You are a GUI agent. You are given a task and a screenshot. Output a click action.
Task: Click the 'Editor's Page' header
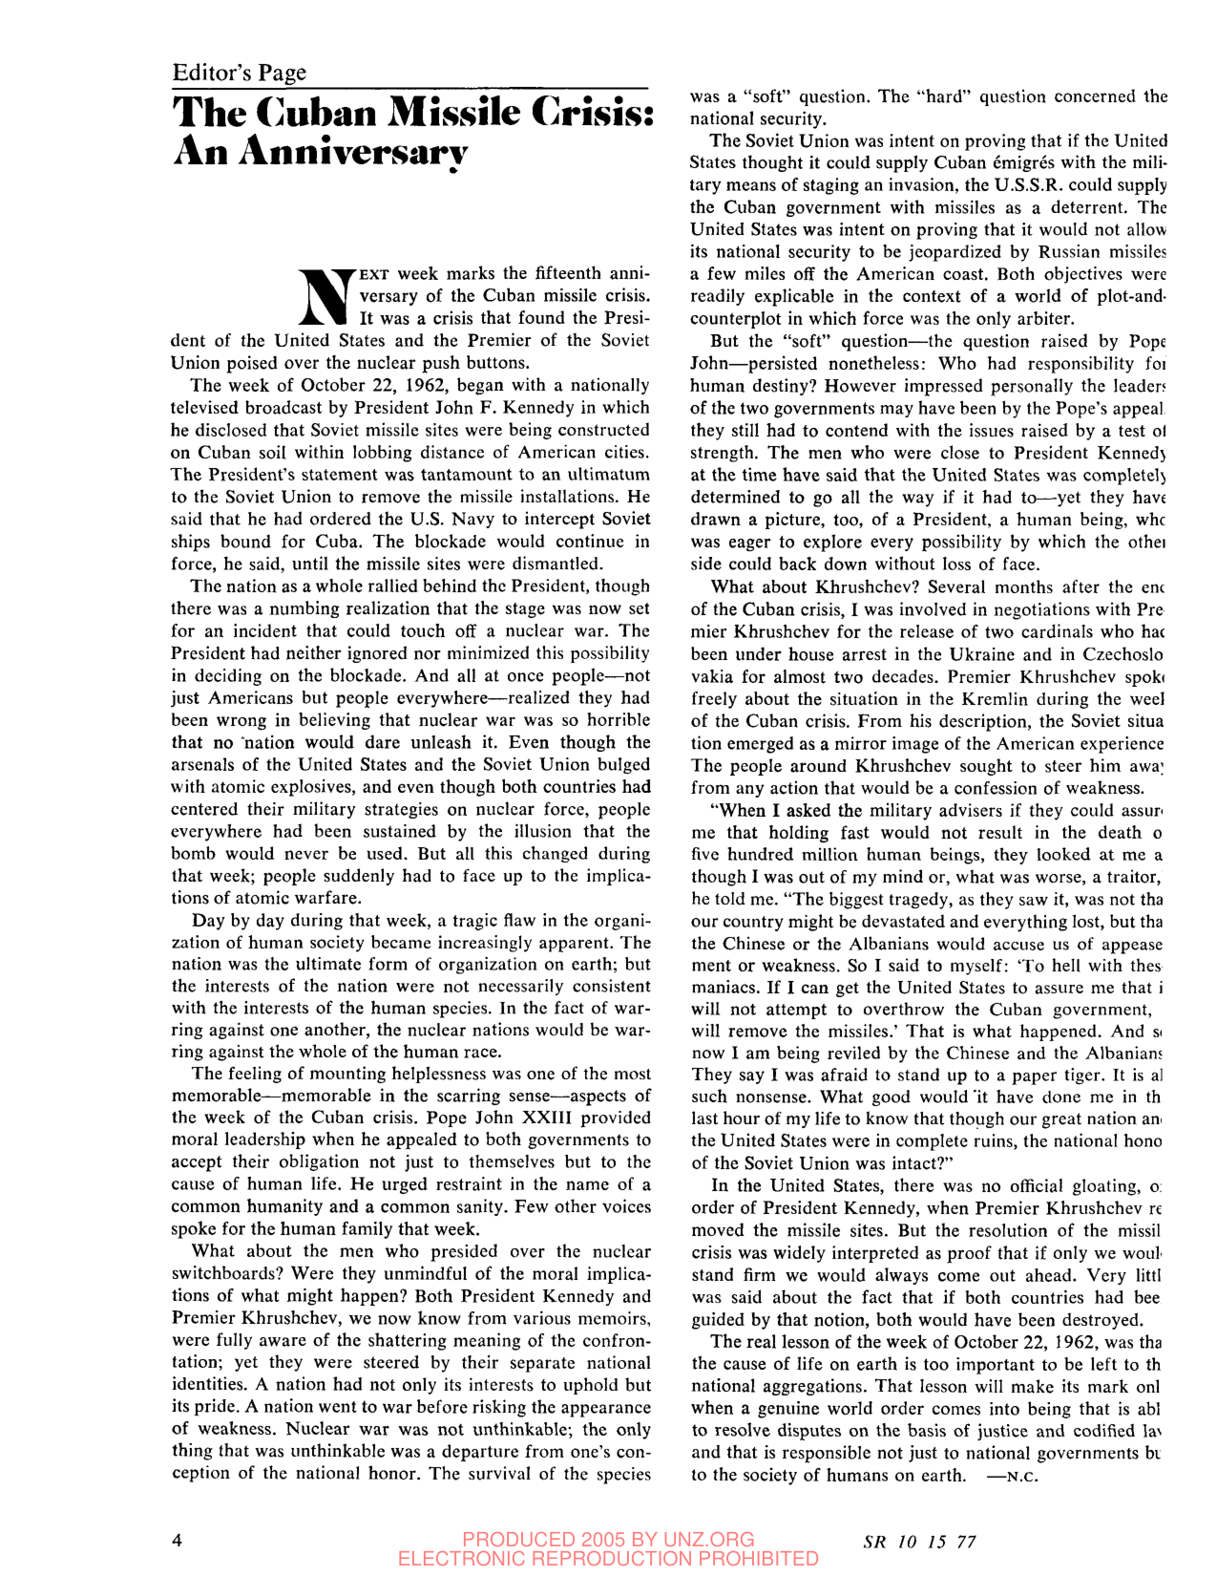[x=240, y=73]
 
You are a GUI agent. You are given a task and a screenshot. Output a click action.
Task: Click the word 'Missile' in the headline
[x=453, y=114]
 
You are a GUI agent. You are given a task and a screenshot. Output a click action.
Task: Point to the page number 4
[x=178, y=1539]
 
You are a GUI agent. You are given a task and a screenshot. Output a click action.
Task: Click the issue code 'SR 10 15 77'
[x=919, y=1541]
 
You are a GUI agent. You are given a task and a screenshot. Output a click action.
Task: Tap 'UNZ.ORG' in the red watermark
[x=705, y=1539]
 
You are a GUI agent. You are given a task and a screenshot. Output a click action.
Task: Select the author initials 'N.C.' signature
[x=1015, y=1476]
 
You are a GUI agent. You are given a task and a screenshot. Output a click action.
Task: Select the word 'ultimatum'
[x=602, y=475]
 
